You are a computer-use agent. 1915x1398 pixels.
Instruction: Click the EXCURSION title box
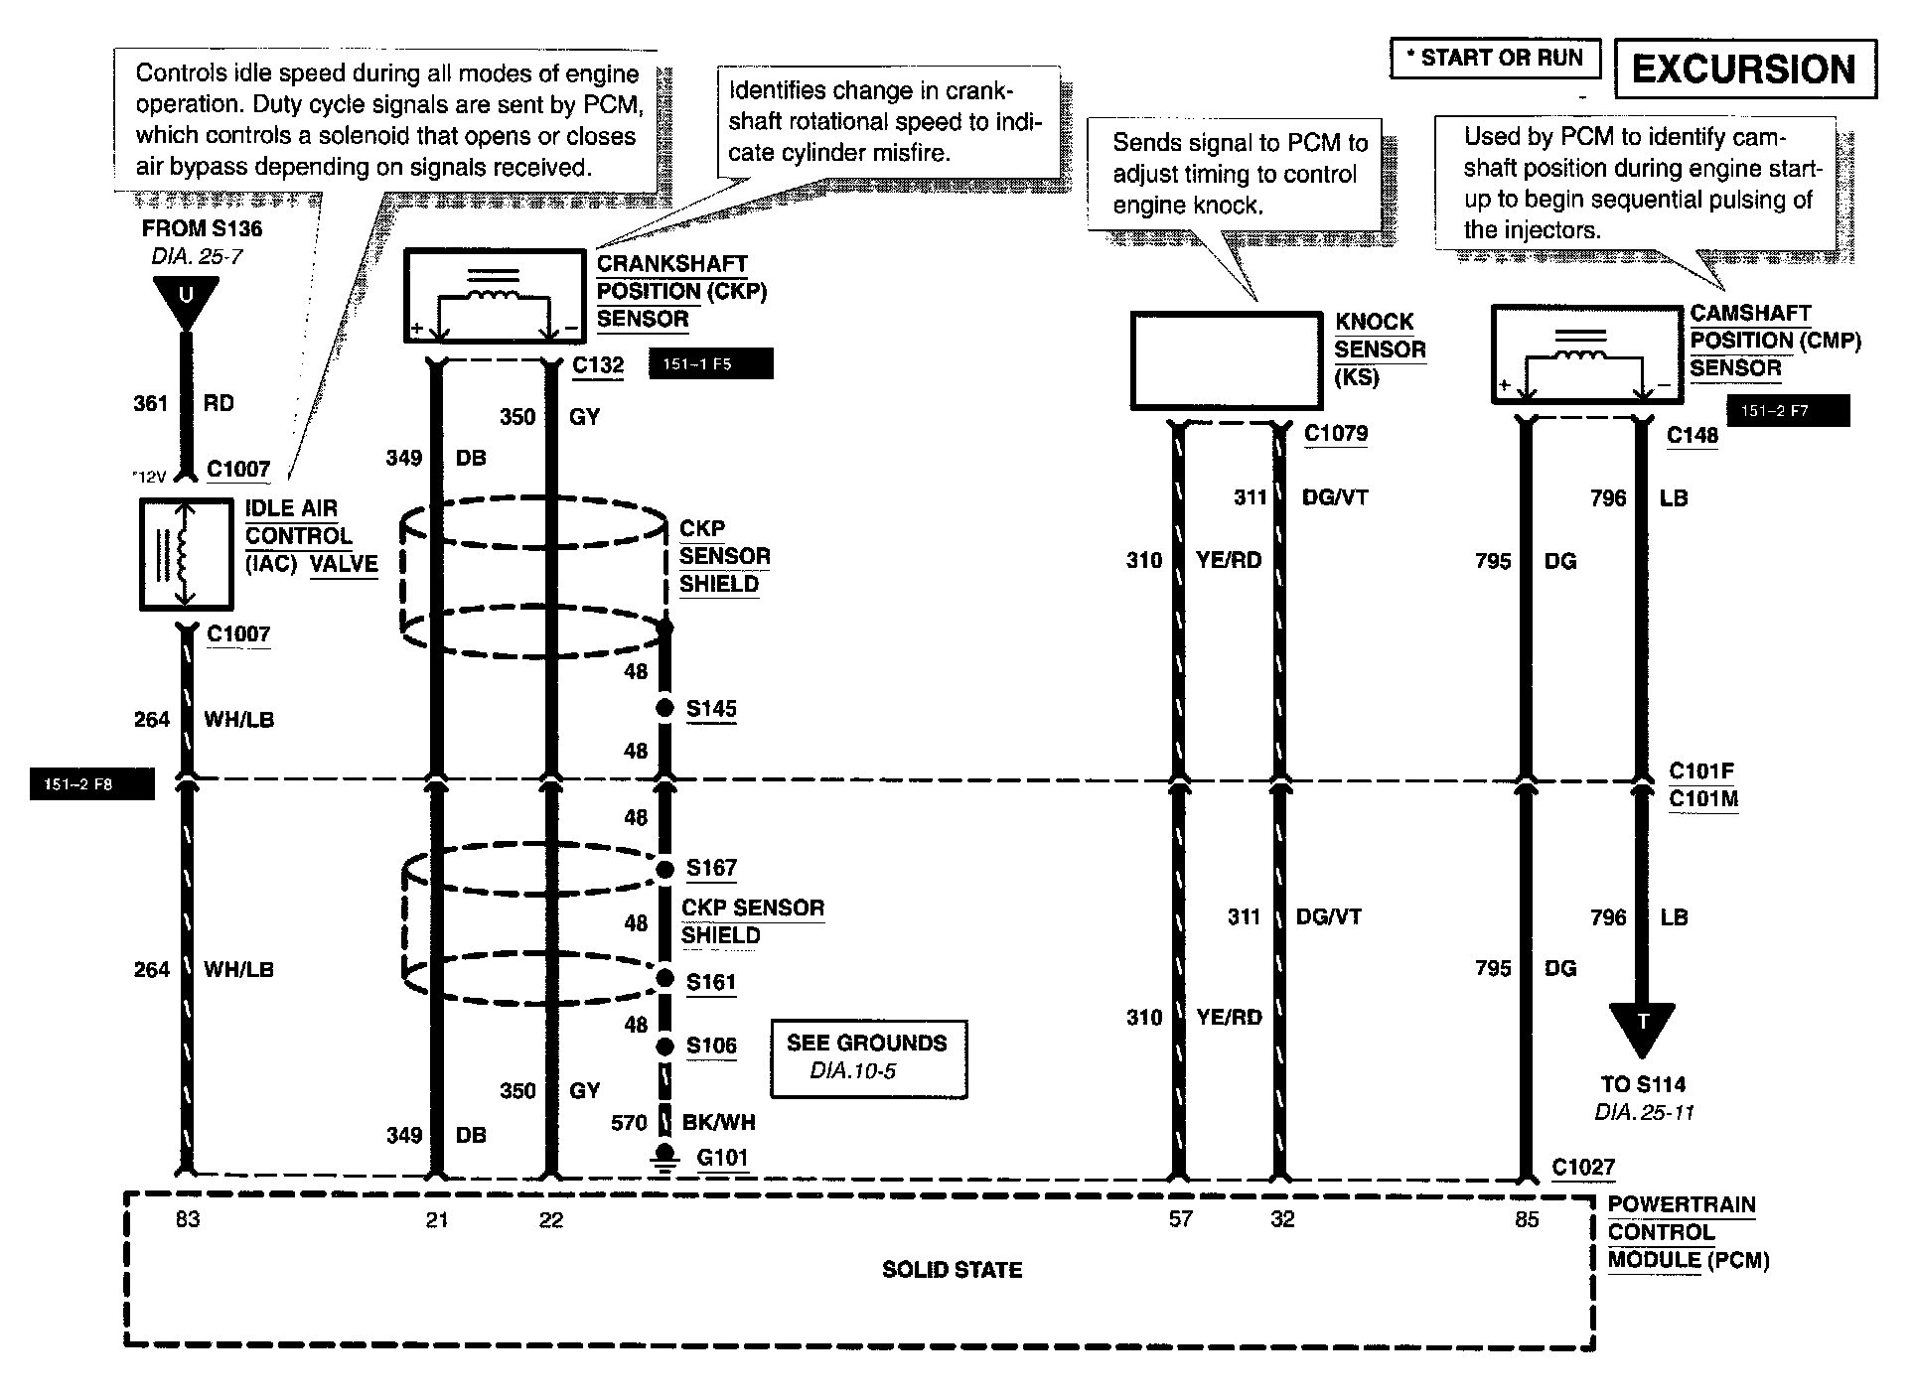coord(1745,69)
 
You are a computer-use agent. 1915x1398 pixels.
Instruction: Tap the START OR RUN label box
coord(1495,58)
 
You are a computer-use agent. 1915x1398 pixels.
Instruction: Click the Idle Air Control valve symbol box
coord(186,554)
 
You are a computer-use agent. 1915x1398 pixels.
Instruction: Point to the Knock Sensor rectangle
coord(1228,360)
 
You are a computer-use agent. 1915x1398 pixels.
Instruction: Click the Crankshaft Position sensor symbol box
coord(494,296)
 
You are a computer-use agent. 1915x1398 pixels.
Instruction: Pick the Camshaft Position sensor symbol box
coord(1586,354)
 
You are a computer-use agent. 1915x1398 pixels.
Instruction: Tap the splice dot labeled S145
coord(665,709)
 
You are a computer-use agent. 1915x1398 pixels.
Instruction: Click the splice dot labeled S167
coord(665,870)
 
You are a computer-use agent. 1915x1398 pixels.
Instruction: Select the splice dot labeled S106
coord(665,1047)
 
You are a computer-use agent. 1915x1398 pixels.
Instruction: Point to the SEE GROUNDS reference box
coord(868,1058)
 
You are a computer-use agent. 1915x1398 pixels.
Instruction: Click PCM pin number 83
coord(187,1219)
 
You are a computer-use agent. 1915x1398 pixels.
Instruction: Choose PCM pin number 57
coord(1179,1219)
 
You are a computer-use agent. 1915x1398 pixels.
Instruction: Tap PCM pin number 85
coord(1526,1219)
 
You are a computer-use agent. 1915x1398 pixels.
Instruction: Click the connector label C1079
coord(1335,434)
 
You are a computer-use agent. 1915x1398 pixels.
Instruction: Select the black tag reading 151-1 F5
coord(709,364)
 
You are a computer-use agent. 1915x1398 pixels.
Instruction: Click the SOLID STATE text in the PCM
coord(952,1270)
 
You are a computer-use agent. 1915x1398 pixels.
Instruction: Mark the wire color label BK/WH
coord(718,1123)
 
